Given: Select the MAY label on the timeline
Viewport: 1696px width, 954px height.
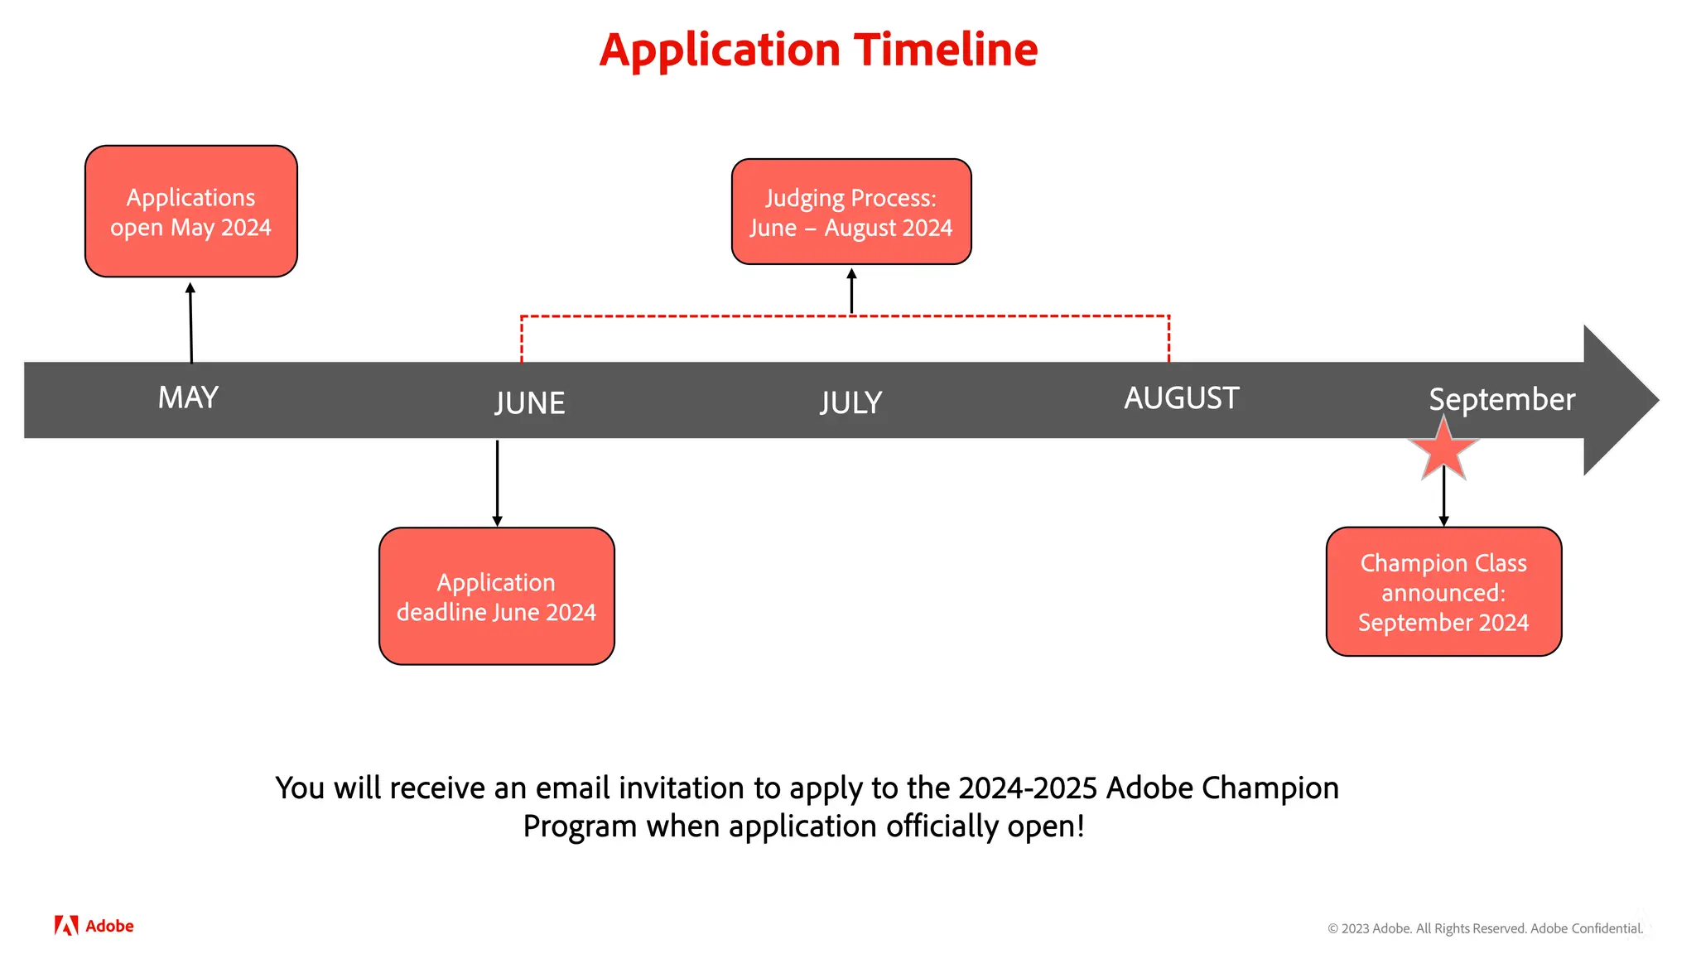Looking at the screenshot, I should click(x=188, y=398).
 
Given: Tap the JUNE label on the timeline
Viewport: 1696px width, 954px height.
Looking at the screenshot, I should click(x=530, y=403).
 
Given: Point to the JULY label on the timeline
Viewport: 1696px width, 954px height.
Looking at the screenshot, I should click(x=850, y=403).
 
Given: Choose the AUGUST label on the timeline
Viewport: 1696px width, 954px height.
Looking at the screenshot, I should click(x=1181, y=398).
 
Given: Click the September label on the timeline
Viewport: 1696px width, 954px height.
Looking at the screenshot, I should click(x=1501, y=400).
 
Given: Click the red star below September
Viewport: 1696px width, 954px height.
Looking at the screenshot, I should click(x=1443, y=450).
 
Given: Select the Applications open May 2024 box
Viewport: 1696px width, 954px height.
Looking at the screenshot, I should click(x=191, y=212).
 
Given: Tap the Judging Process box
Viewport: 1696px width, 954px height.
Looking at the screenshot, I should click(x=851, y=212).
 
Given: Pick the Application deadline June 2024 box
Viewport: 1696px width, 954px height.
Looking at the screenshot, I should click(x=497, y=596).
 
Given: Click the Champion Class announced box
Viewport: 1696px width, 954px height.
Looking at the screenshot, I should click(x=1443, y=592).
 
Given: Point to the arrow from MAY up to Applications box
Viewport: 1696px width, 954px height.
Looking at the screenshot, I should click(x=190, y=323).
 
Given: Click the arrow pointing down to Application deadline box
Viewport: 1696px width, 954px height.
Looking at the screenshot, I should click(x=497, y=483).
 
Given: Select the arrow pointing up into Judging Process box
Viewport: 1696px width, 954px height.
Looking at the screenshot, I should click(x=851, y=291).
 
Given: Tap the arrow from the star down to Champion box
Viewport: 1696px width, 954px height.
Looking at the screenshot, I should click(x=1443, y=497).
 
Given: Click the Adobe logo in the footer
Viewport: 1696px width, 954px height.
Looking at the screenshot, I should click(x=94, y=926).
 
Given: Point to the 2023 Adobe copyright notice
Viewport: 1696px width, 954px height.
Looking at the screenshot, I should click(x=1485, y=928).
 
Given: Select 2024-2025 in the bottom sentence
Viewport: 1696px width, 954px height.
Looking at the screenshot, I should click(x=1027, y=788).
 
